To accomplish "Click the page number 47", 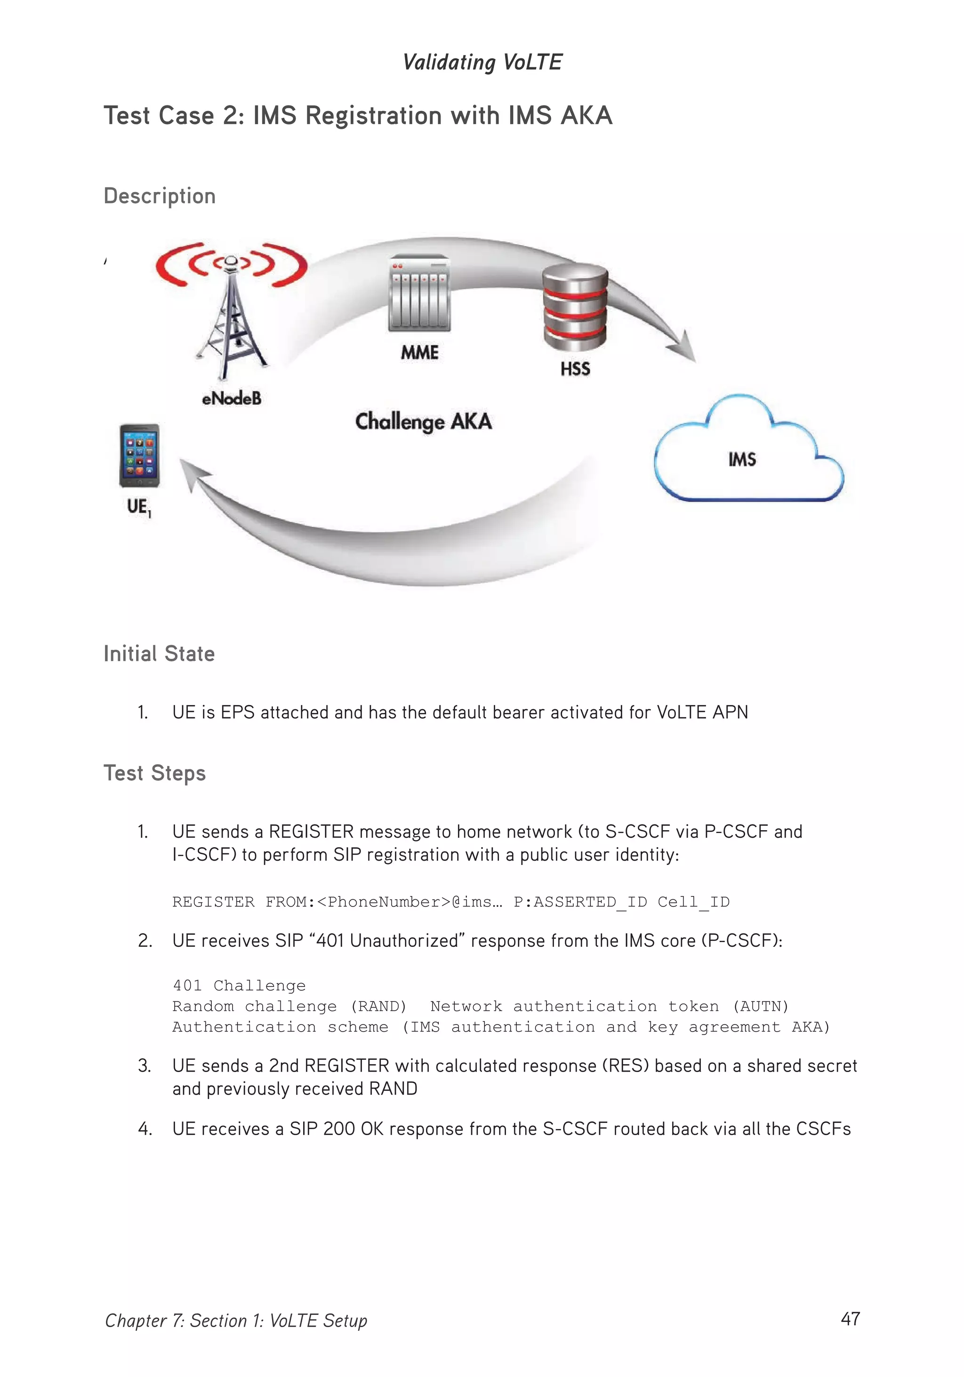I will click(x=850, y=1318).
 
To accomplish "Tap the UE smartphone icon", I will click(x=139, y=456).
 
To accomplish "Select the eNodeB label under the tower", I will click(x=232, y=398).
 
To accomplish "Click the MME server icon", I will click(x=419, y=294).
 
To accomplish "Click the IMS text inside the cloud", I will click(x=742, y=459).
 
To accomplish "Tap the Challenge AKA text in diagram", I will click(x=424, y=422).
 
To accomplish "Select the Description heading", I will click(x=160, y=196).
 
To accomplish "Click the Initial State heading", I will click(x=159, y=654).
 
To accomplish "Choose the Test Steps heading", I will click(x=155, y=773).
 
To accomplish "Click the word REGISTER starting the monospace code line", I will click(x=213, y=902).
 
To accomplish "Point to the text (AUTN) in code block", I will click(x=760, y=1006).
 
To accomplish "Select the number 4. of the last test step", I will click(x=145, y=1129).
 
